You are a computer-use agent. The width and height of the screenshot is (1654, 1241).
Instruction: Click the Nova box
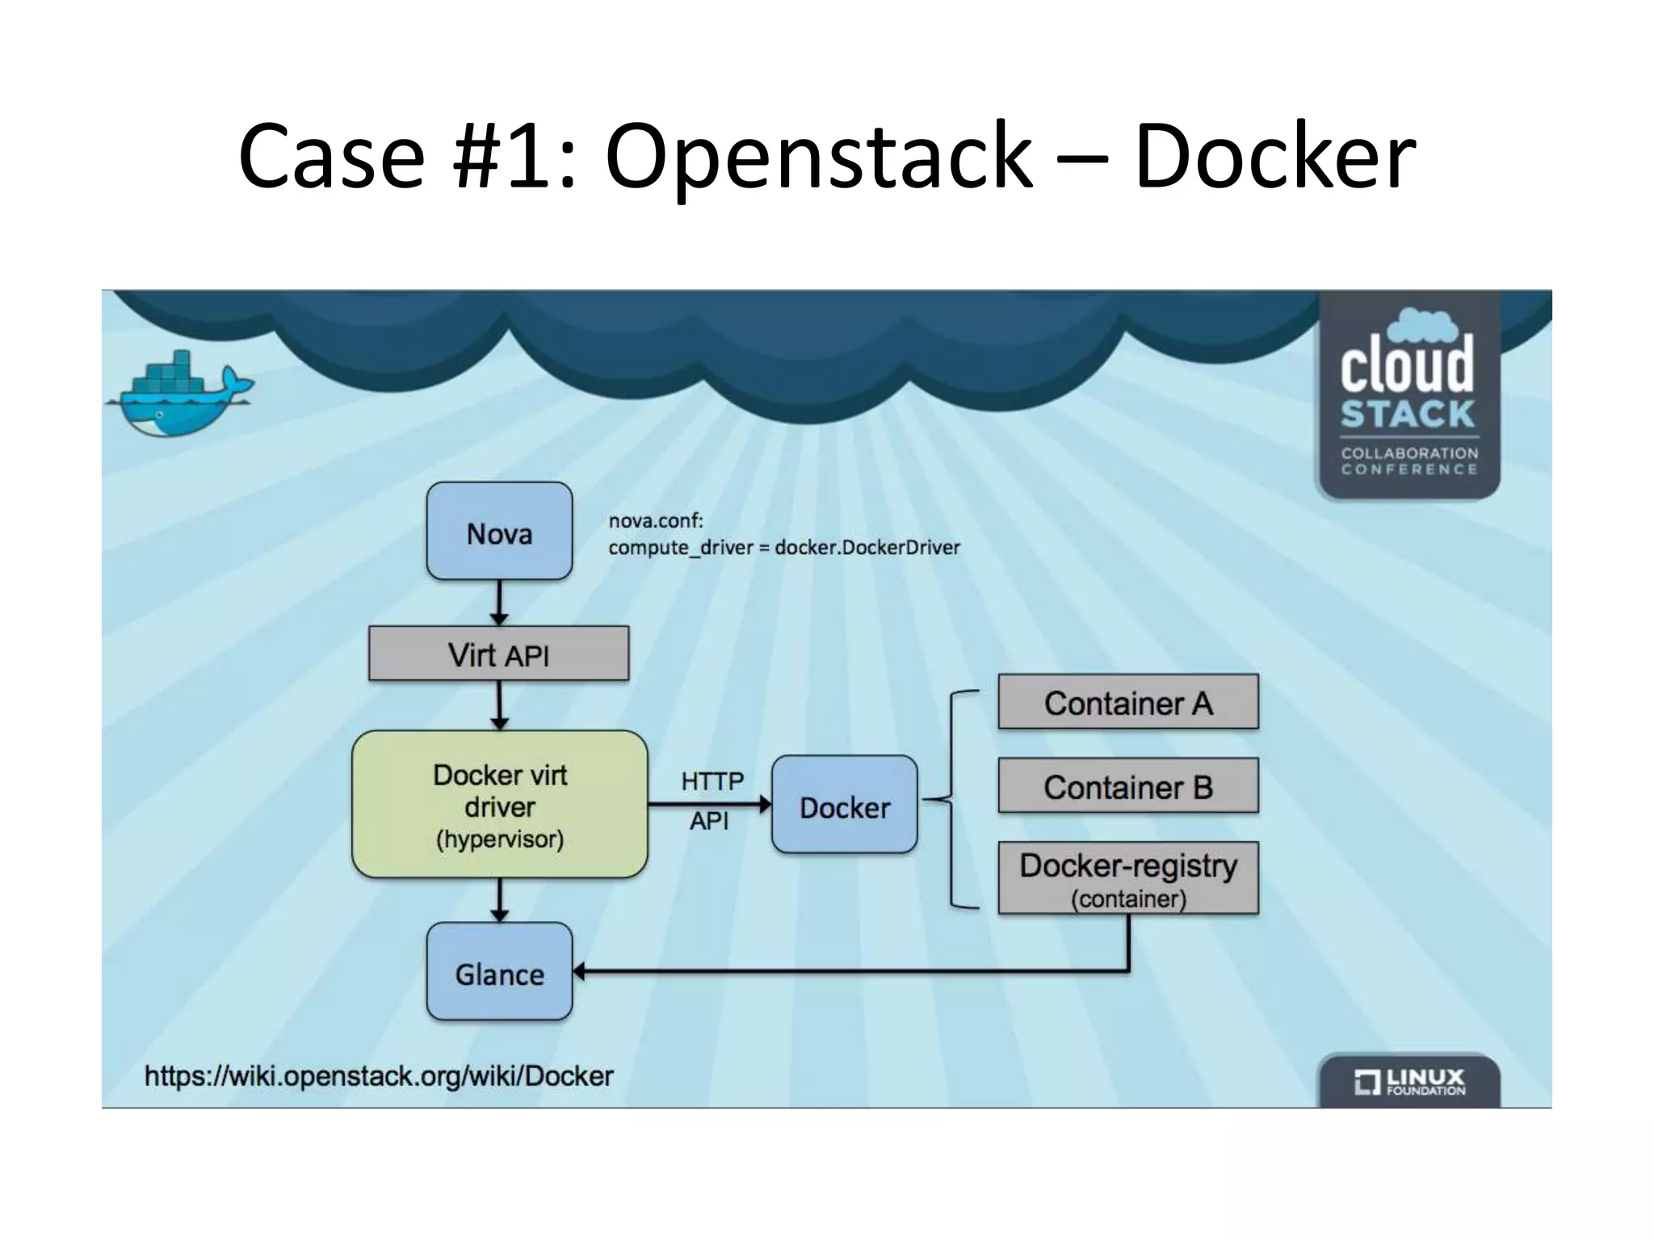click(499, 532)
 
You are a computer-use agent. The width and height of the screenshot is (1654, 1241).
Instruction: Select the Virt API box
click(498, 654)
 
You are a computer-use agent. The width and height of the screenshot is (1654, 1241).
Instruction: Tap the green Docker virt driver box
click(499, 805)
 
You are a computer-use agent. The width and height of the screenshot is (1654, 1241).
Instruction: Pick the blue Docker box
click(844, 806)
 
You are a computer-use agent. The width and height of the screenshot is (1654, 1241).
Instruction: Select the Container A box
click(1127, 702)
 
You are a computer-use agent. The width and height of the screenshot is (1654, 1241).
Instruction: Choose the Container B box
click(1127, 786)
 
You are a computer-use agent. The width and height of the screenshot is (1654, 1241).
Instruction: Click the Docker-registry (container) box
click(1127, 878)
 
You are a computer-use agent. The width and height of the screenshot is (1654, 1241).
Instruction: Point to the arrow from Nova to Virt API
click(499, 603)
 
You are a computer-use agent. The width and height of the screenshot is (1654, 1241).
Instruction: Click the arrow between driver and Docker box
click(709, 804)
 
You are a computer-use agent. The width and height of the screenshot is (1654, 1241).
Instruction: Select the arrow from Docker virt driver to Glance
click(499, 900)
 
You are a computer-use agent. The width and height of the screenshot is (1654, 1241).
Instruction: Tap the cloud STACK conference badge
click(1408, 396)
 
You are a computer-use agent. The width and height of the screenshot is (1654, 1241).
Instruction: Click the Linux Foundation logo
click(1408, 1081)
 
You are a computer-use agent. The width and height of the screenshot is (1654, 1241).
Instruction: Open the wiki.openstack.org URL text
click(379, 1076)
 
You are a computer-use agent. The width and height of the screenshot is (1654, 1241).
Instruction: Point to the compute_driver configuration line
click(783, 548)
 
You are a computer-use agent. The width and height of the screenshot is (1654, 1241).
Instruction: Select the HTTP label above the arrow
click(712, 781)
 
